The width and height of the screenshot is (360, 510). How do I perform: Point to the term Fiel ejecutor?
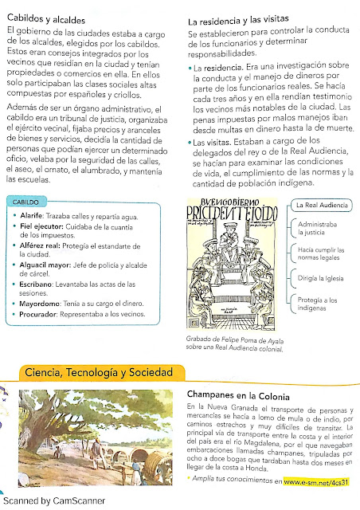click(42, 227)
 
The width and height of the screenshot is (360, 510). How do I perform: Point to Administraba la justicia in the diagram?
click(317, 229)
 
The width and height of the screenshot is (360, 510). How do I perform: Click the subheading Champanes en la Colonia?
click(243, 394)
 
